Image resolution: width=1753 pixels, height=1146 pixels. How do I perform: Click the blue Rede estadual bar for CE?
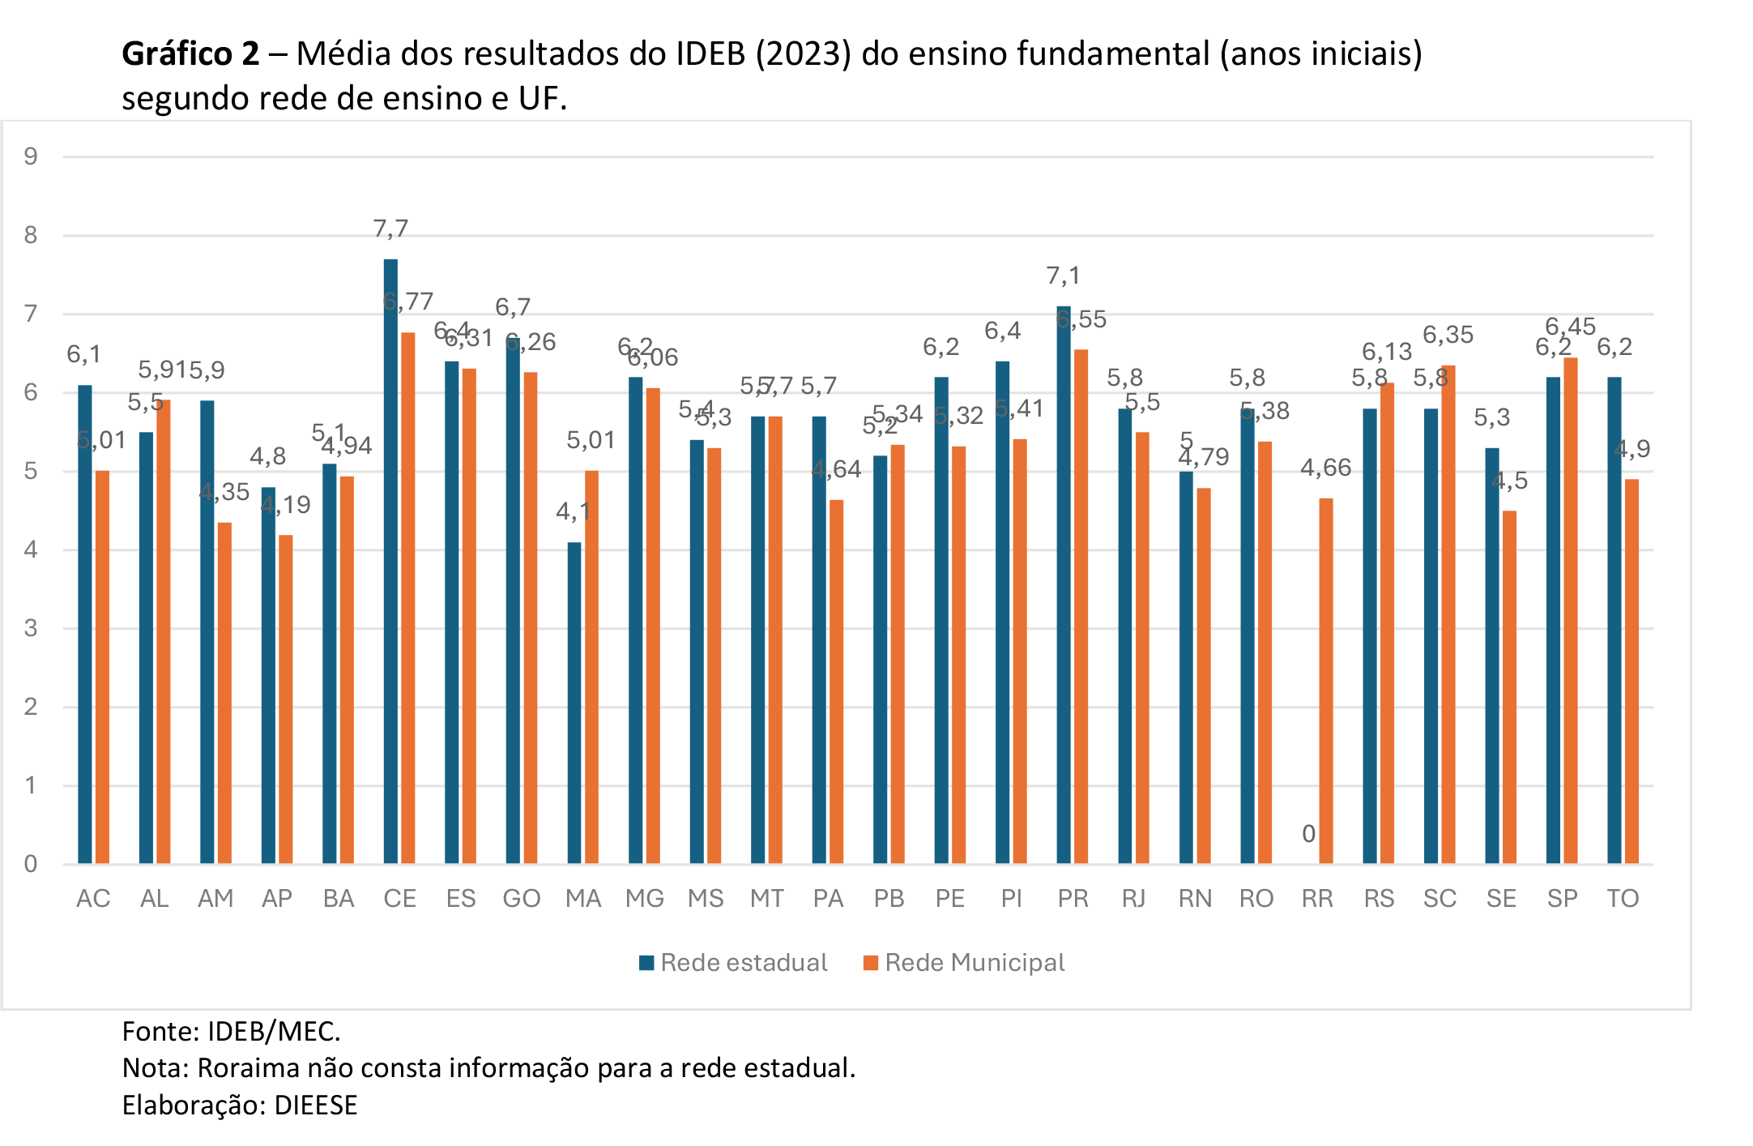tap(390, 561)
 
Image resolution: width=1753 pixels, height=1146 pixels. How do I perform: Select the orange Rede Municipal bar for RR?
tap(1326, 681)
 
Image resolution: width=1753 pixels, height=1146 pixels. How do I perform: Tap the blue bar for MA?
tap(574, 703)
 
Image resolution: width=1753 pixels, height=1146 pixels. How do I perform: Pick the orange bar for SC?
tap(1448, 614)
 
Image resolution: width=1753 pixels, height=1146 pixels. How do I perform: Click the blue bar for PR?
tap(1064, 584)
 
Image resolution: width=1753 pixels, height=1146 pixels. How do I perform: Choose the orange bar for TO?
tap(1631, 671)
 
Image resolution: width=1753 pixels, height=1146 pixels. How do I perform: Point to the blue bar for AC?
tap(85, 624)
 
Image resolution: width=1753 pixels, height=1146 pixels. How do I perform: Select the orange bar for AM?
tap(224, 693)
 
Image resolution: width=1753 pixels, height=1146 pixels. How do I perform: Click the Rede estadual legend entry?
tap(733, 963)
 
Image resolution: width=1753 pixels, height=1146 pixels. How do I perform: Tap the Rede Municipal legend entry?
tap(964, 963)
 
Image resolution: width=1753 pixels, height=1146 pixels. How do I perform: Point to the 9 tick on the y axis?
tap(31, 156)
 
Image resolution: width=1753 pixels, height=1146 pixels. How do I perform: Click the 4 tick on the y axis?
tap(31, 549)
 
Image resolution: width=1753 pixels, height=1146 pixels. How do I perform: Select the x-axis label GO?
tap(522, 899)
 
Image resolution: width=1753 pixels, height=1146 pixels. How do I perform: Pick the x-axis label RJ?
tap(1134, 899)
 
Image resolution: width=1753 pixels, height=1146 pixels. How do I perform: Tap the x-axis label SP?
tap(1562, 899)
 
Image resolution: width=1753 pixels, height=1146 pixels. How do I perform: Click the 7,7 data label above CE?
tap(390, 229)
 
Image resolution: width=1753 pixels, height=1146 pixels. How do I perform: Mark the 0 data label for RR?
tap(1308, 834)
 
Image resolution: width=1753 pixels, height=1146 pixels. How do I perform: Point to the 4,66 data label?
tap(1326, 468)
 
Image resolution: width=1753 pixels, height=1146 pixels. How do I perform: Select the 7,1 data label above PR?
tap(1064, 276)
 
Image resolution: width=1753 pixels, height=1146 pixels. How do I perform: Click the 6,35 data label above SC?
tap(1448, 335)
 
